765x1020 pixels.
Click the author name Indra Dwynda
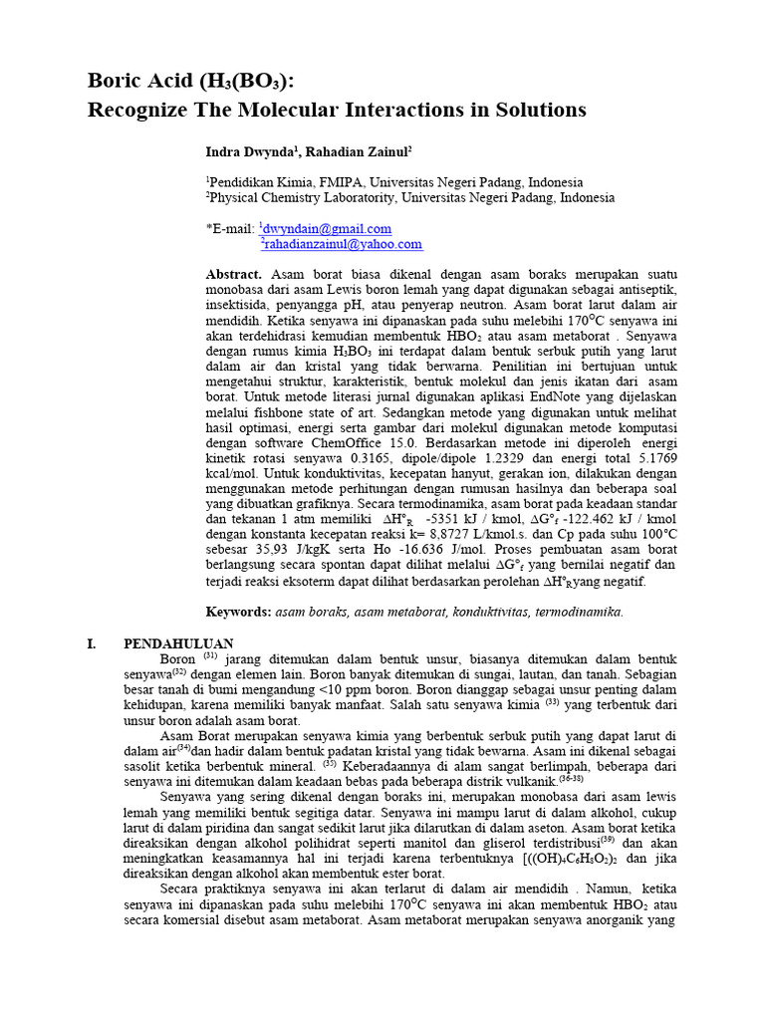pyautogui.click(x=249, y=151)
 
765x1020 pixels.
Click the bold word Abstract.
pyautogui.click(x=234, y=274)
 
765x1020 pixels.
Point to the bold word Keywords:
pyautogui.click(x=238, y=612)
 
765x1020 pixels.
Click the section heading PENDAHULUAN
pyautogui.click(x=178, y=644)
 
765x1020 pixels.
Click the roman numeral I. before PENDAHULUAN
pyautogui.click(x=93, y=644)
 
